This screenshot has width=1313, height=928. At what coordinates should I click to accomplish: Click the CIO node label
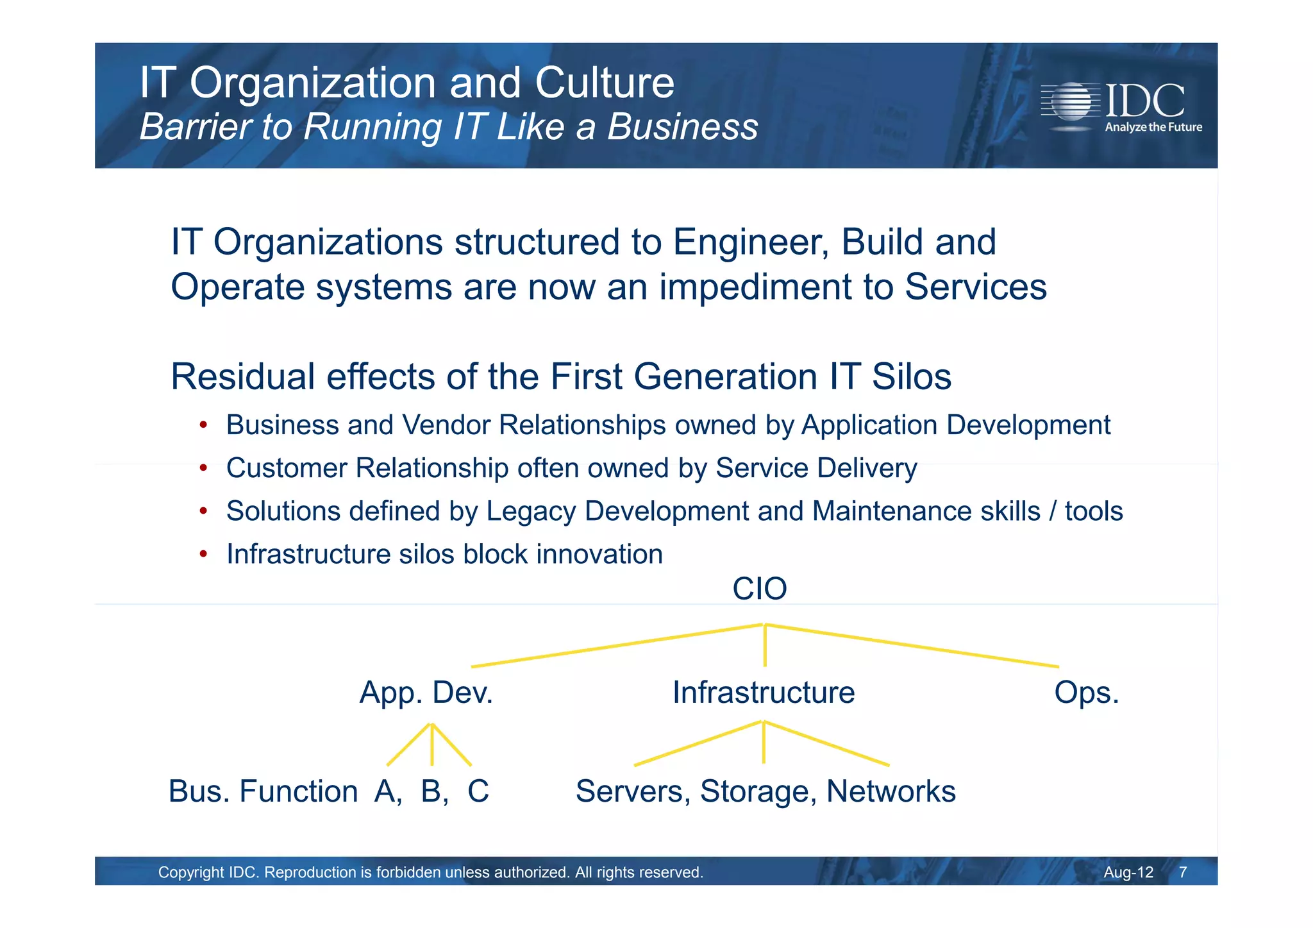tap(759, 589)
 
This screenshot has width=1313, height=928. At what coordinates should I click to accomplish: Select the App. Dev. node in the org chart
tap(426, 693)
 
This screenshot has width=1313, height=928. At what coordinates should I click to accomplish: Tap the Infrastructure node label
tap(763, 693)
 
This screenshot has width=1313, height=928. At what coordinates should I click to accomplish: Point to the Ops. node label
tap(1086, 693)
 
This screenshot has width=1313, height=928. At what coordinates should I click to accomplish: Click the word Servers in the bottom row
tap(632, 791)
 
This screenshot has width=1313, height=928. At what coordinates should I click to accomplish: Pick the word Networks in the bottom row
tap(891, 791)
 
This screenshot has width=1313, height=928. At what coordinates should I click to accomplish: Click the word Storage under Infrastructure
tap(758, 791)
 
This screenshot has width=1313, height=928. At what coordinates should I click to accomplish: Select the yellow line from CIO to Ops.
tap(910, 646)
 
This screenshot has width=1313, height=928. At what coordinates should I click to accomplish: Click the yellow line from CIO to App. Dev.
tap(615, 646)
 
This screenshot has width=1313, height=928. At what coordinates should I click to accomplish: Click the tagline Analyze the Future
tap(1153, 127)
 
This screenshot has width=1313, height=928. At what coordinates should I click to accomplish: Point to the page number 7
tap(1183, 872)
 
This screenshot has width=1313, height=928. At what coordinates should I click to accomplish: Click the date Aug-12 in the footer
tap(1128, 872)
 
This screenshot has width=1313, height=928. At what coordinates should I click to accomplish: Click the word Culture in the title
tap(604, 83)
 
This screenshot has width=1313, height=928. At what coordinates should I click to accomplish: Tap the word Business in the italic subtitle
tap(682, 126)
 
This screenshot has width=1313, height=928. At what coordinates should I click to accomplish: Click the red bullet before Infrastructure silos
tap(203, 553)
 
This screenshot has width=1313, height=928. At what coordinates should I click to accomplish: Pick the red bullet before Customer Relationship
tap(203, 468)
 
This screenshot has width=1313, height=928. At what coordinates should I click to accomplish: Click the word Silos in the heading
tap(911, 376)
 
